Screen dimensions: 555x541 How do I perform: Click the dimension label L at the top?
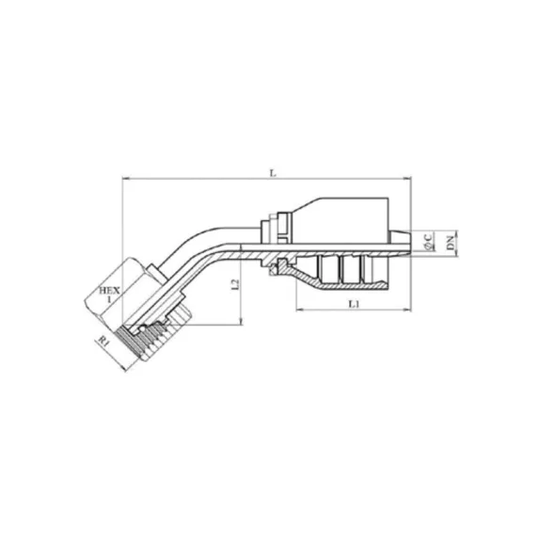[272, 173]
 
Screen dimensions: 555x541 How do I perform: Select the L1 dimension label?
[354, 304]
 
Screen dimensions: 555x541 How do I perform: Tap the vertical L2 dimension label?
[235, 285]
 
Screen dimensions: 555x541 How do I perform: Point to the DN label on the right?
[450, 243]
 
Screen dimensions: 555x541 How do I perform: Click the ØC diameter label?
[428, 241]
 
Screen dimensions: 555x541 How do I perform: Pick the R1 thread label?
[103, 342]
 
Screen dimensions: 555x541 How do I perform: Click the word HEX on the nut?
[109, 291]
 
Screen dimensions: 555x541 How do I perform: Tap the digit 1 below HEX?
[109, 299]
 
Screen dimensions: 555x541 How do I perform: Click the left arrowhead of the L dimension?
[124, 179]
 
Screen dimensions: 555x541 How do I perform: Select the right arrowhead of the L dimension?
[408, 179]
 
